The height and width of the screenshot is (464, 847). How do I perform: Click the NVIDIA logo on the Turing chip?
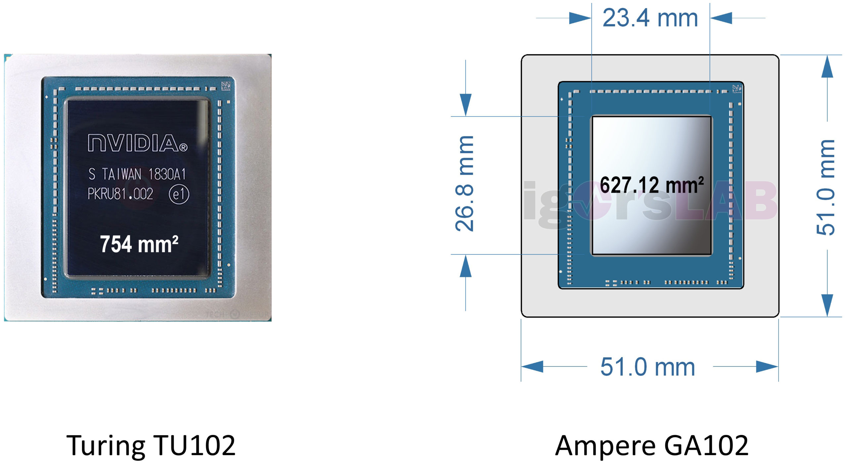[x=138, y=143]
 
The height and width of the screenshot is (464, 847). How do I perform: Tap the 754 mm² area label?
[x=139, y=244]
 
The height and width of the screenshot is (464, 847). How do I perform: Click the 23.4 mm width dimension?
[x=650, y=18]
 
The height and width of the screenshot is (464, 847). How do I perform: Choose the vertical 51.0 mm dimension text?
[x=825, y=187]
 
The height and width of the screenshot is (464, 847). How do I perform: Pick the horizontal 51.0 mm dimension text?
[x=647, y=367]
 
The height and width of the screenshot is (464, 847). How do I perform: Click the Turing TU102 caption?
[x=151, y=446]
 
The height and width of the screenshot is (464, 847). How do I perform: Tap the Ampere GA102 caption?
[x=651, y=446]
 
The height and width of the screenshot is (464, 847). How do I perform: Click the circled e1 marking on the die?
[x=179, y=194]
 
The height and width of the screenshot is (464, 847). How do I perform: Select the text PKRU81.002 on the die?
[x=120, y=194]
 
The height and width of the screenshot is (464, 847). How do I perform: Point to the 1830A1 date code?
[x=167, y=174]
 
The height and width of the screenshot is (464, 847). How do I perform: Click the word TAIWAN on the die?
[x=122, y=174]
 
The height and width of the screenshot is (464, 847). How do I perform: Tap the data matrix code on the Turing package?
[x=226, y=86]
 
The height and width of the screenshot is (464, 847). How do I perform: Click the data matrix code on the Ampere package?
[x=737, y=89]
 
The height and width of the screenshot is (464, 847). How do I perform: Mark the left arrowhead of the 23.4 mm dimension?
[x=580, y=18]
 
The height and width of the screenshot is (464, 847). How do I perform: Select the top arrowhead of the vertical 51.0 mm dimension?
[x=827, y=66]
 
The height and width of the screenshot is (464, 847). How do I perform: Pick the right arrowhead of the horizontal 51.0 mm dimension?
[x=767, y=367]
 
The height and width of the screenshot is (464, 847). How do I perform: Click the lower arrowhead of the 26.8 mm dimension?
[x=466, y=266]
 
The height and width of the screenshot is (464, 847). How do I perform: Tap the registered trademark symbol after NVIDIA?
[x=183, y=147]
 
